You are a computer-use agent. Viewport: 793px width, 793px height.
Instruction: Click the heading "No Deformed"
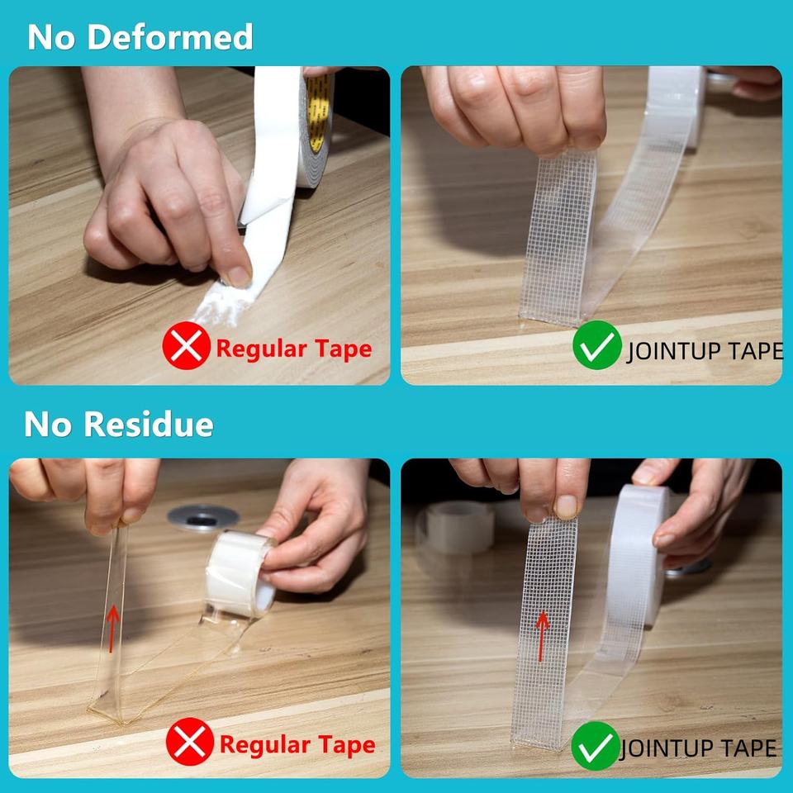click(140, 37)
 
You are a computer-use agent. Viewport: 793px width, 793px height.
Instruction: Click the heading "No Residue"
click(119, 424)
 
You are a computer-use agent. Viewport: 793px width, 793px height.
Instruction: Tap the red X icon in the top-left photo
click(186, 346)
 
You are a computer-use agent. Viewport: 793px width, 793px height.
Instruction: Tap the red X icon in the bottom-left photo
click(190, 742)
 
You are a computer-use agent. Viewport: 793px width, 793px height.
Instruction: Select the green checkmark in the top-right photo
click(596, 345)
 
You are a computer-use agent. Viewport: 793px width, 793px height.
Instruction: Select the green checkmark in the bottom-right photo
click(596, 745)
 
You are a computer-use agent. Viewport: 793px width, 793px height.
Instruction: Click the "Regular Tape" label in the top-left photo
click(294, 349)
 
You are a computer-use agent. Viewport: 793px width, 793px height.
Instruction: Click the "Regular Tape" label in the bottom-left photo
click(297, 745)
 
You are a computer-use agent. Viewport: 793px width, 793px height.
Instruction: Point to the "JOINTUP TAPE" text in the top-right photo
click(705, 351)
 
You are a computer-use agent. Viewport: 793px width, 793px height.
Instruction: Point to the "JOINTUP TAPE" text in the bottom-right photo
click(698, 748)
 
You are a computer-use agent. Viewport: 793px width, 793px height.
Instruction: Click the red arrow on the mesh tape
click(542, 636)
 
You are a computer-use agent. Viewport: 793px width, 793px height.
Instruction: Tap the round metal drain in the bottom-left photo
click(203, 518)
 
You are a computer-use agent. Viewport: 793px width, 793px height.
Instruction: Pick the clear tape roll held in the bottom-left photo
click(239, 574)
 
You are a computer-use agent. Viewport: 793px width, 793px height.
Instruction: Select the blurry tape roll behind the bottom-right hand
click(455, 529)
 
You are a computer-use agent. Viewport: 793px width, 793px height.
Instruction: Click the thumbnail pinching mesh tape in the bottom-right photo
click(566, 506)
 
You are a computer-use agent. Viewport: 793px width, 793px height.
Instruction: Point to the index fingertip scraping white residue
click(238, 276)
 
